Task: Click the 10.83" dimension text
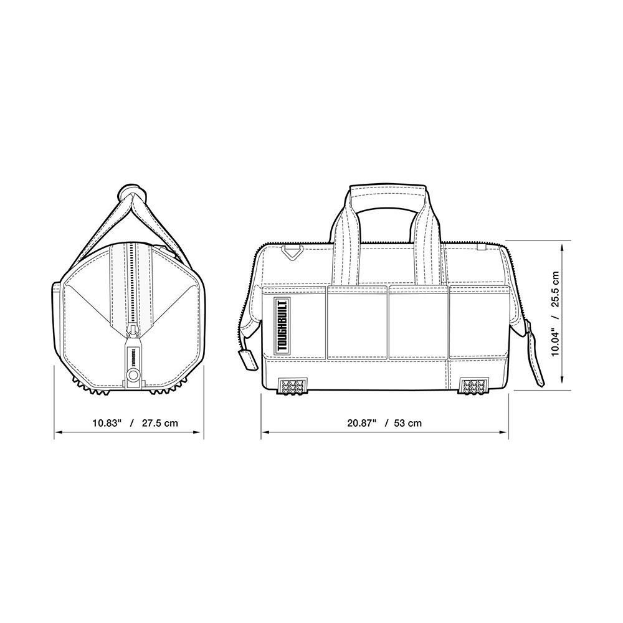pyautogui.click(x=107, y=423)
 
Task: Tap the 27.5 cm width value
pyautogui.click(x=159, y=423)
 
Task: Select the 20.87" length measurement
pyautogui.click(x=361, y=423)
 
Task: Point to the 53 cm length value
pyautogui.click(x=408, y=423)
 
